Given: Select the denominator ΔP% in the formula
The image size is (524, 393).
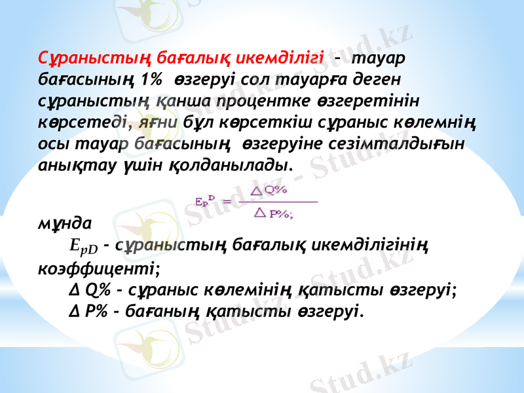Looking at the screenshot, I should point(275,212).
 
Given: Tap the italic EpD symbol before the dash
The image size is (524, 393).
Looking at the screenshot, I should point(83,248).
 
